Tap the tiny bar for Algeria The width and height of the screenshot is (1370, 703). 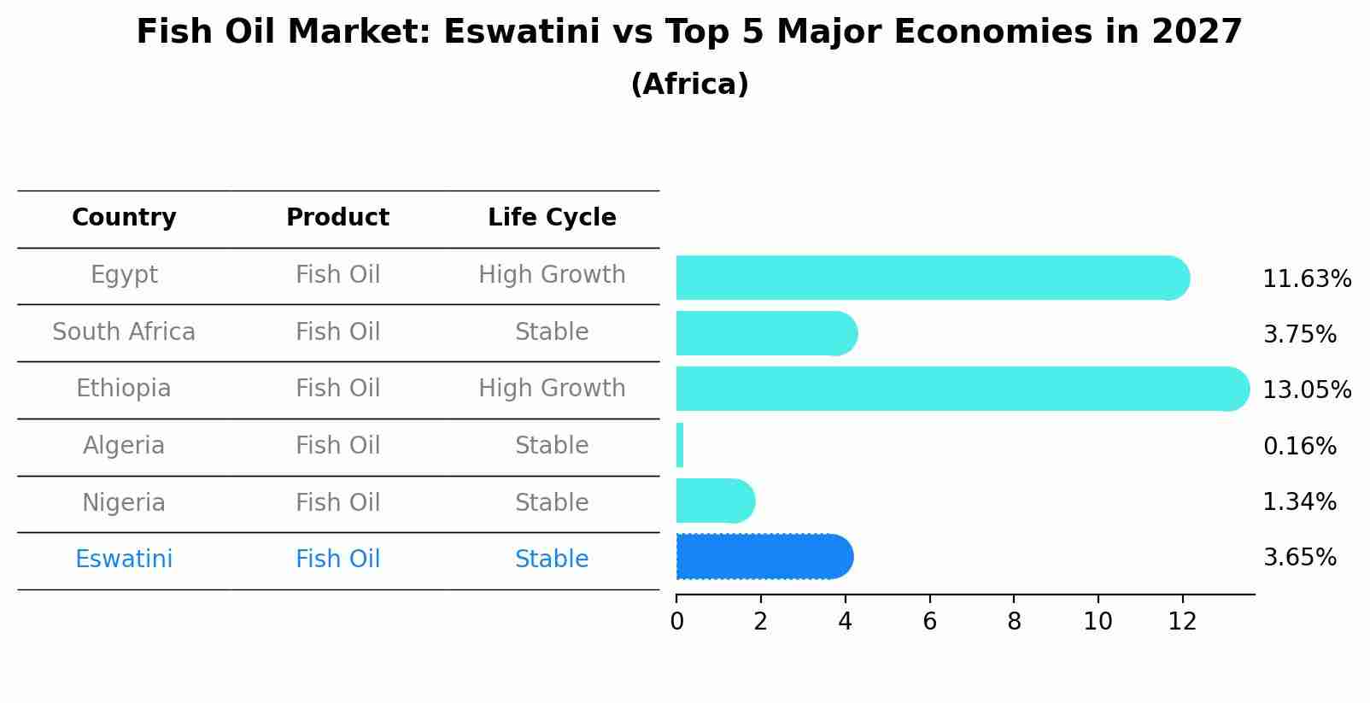(x=680, y=445)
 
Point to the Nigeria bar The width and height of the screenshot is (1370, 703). (x=714, y=501)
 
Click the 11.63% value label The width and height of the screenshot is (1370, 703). (x=1306, y=279)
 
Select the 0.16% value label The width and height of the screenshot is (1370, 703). (x=1299, y=446)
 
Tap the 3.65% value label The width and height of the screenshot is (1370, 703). (x=1299, y=558)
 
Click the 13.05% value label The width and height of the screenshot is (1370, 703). (x=1306, y=390)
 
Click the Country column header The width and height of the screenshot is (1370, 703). (x=124, y=218)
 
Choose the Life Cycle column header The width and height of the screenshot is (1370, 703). (x=552, y=218)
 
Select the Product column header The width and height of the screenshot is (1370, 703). (x=337, y=218)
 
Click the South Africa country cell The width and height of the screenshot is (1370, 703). (x=124, y=331)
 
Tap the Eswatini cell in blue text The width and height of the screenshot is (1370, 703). (x=124, y=559)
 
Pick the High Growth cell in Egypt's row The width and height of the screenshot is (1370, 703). (x=552, y=275)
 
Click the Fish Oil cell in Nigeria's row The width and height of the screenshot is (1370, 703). (x=337, y=502)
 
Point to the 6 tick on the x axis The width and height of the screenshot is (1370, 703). (x=929, y=622)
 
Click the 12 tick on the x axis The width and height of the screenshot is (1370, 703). (x=1182, y=622)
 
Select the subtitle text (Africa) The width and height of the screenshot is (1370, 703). (x=689, y=85)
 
